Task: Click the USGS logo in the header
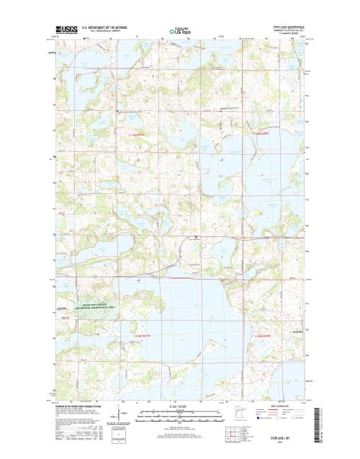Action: pos(64,32)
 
